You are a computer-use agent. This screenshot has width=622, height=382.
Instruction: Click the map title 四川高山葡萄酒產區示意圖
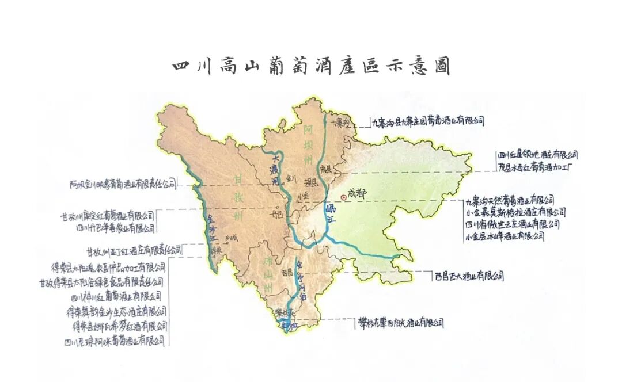(x=311, y=66)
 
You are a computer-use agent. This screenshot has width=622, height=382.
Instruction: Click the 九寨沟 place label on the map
(x=340, y=123)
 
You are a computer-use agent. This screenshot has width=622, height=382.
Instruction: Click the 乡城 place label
(x=232, y=237)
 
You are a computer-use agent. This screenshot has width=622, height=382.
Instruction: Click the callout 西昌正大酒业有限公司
(x=469, y=276)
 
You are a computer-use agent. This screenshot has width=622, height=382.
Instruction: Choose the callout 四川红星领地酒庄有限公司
(x=537, y=155)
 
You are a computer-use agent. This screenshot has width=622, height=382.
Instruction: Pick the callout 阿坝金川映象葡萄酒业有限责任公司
(x=123, y=185)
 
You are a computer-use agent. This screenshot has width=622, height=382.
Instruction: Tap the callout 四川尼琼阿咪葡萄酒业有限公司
(x=115, y=341)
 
